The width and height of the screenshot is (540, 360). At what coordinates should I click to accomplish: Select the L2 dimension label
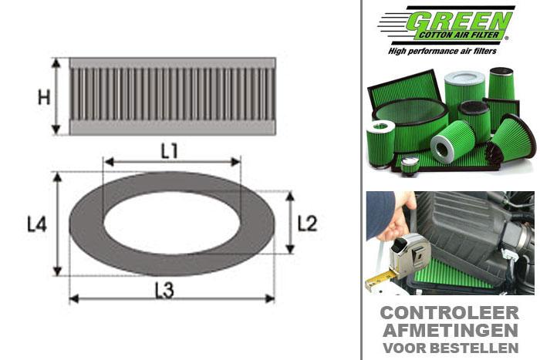tap(307, 224)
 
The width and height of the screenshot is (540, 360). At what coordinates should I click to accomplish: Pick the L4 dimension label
tap(37, 224)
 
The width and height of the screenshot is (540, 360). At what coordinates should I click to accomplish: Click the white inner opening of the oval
tap(171, 224)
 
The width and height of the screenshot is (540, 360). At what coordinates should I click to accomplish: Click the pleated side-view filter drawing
tap(172, 96)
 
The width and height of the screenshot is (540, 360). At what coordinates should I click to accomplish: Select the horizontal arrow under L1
tap(171, 162)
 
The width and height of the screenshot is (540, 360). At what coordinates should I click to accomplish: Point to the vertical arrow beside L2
tap(290, 223)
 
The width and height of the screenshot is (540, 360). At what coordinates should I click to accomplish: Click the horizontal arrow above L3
tap(171, 298)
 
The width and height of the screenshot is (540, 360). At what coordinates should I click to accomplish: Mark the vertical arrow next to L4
tap(57, 224)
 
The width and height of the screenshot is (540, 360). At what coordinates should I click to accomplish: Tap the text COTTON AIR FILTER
tap(461, 34)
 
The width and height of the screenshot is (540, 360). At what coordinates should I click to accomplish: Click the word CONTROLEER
tap(449, 314)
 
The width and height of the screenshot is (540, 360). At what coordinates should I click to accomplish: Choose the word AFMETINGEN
tap(449, 330)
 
